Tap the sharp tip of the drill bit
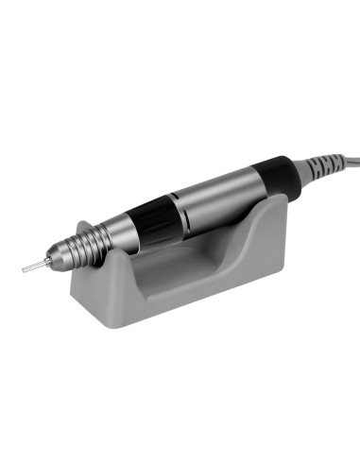click(24, 269)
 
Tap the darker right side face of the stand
click(275, 255)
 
